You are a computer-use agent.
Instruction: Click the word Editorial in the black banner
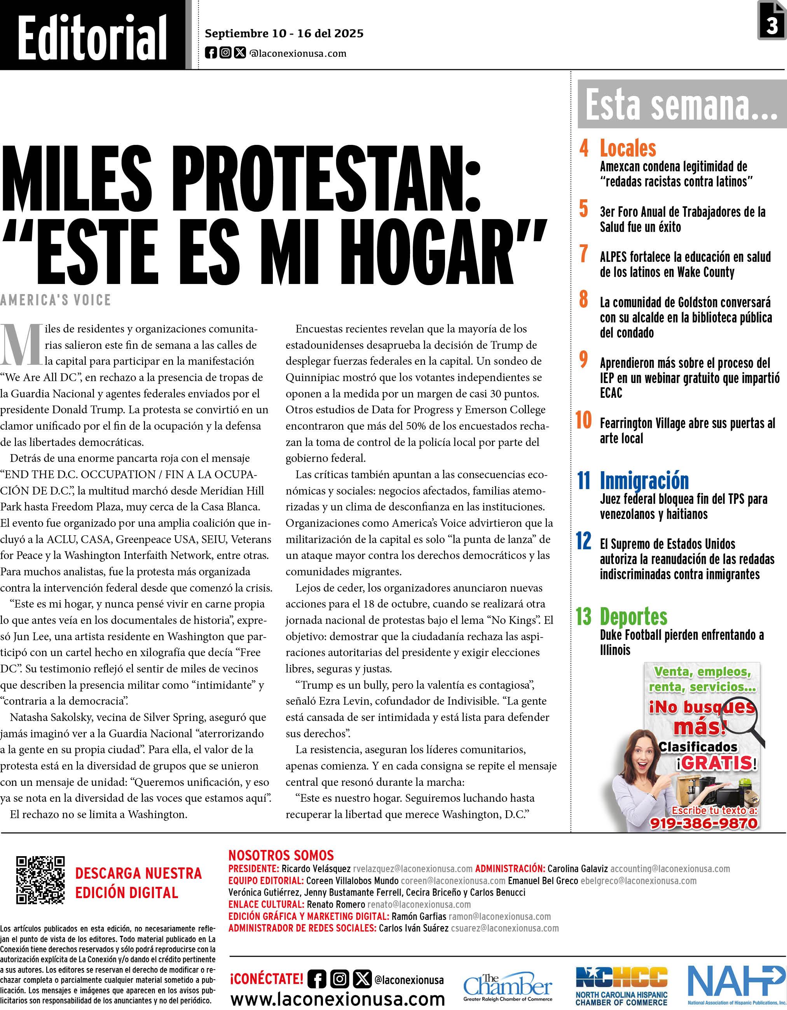92,37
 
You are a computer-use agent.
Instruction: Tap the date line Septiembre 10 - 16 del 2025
284,34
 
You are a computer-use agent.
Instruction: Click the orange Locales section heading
628,148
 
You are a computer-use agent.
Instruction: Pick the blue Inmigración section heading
644,481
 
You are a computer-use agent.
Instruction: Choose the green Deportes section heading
633,616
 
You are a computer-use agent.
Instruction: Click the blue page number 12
583,541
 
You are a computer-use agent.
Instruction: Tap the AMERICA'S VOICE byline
56,300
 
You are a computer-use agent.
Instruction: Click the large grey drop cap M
22,345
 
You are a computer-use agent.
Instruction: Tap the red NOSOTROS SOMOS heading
281,855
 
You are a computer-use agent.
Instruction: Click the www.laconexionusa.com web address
337,1000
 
